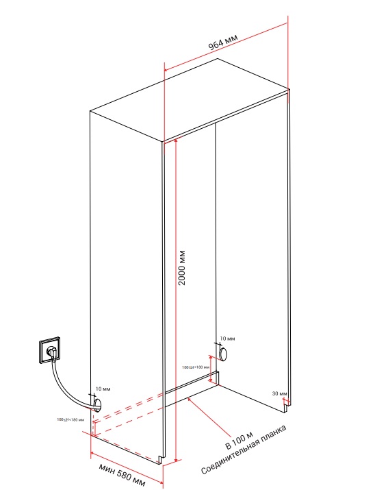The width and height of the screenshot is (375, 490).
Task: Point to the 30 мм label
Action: [x=279, y=393]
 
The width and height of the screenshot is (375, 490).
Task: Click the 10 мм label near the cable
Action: [x=103, y=389]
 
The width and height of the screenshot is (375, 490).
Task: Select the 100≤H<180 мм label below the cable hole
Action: [x=71, y=419]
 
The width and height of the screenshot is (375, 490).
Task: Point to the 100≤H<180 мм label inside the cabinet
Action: [x=195, y=368]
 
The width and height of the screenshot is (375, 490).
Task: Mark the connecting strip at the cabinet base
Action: [x=192, y=384]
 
